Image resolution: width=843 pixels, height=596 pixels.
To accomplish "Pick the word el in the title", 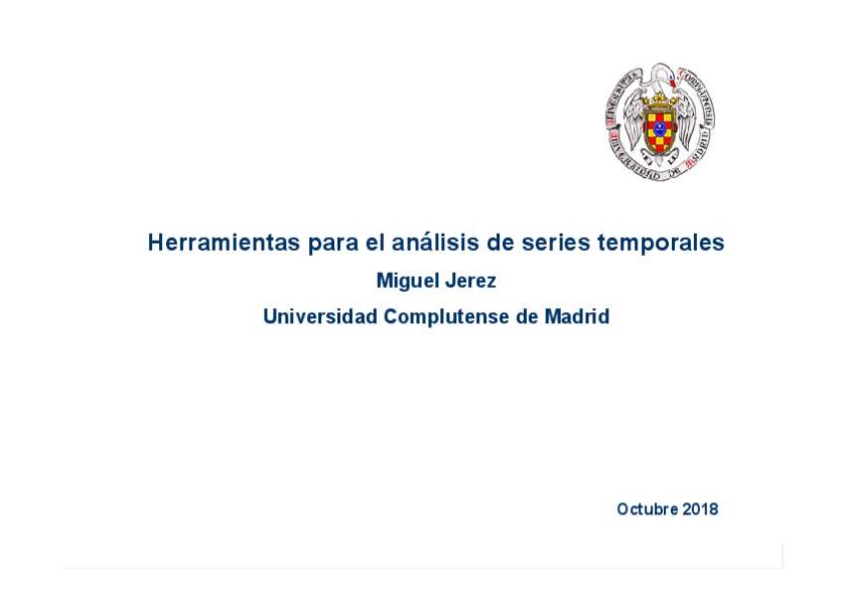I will pos(375,243).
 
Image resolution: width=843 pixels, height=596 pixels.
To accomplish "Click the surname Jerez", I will pos(470,282).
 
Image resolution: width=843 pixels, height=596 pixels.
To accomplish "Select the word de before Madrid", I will pos(526,317).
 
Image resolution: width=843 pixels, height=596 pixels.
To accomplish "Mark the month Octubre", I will pos(647,509).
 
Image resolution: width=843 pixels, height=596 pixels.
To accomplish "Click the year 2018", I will pos(700,509).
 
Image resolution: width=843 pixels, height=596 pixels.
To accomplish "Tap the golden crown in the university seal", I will pos(660,99).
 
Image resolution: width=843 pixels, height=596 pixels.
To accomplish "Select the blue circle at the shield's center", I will pos(660,129).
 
